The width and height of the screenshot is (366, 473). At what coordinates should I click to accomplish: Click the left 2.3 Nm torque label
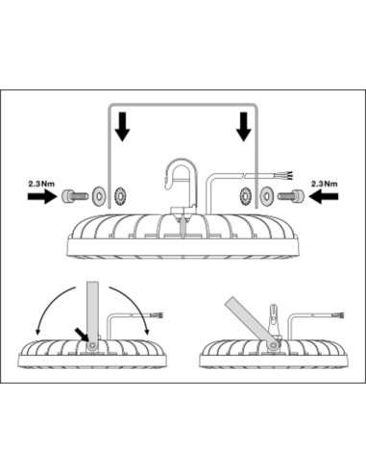[x=41, y=184]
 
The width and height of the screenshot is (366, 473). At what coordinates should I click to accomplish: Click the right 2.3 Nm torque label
[x=325, y=184]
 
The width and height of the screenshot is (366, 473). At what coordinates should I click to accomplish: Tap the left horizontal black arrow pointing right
[x=42, y=196]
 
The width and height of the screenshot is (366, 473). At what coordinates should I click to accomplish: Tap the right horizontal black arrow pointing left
[x=324, y=196]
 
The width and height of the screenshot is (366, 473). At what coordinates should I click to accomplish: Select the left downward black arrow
[x=122, y=127]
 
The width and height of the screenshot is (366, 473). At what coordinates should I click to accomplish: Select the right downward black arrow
[x=243, y=127]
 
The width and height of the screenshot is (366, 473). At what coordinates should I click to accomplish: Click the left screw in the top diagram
[x=74, y=196]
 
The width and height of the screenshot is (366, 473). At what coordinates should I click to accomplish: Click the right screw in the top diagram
[x=291, y=196]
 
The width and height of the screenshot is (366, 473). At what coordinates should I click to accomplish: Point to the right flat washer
[x=267, y=196]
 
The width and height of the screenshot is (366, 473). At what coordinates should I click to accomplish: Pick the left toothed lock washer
[x=121, y=196]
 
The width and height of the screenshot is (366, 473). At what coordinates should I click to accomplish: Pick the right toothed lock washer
[x=246, y=196]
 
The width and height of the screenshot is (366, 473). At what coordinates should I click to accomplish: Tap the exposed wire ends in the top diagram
[x=288, y=176]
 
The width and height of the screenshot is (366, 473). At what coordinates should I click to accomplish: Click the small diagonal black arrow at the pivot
[x=82, y=335]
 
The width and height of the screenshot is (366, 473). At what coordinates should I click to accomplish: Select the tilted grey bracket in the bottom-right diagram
[x=252, y=321]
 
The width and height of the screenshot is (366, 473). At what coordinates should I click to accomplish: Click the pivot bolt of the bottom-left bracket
[x=93, y=345]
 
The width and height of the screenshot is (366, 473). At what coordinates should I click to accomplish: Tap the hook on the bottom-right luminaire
[x=274, y=318]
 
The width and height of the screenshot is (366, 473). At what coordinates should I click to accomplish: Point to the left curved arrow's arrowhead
[x=37, y=331]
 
